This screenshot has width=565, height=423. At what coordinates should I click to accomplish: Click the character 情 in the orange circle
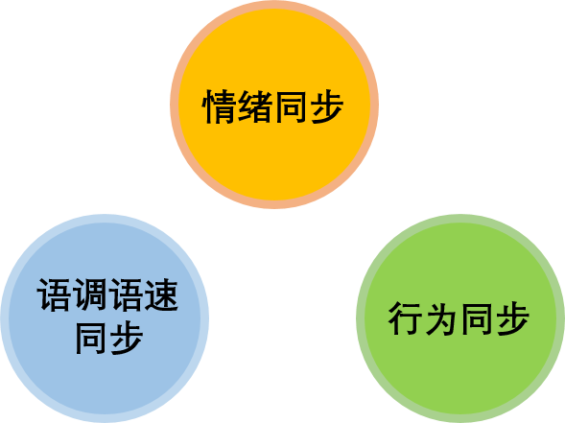(220, 106)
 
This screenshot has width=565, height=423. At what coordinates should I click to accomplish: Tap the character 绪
(255, 106)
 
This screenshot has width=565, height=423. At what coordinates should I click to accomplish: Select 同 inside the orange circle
(291, 106)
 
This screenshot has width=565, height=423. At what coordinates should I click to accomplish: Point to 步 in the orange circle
(326, 106)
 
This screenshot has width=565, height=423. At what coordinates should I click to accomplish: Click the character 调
(90, 294)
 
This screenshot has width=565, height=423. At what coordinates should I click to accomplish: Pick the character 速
(161, 294)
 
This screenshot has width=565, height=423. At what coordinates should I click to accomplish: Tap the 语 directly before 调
(54, 294)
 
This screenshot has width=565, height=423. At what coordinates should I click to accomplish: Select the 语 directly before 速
(126, 294)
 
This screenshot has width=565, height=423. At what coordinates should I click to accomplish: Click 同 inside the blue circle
(90, 338)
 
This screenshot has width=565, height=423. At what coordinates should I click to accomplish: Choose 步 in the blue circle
(126, 338)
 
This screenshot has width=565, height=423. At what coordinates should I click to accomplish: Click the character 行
(406, 318)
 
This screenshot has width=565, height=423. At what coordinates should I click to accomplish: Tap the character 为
(440, 318)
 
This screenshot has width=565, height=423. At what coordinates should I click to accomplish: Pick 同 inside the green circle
(477, 318)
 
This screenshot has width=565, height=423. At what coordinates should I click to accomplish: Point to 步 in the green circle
(512, 318)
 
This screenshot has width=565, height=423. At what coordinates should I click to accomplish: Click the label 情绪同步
(272, 106)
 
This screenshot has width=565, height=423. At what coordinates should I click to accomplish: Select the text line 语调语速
(107, 295)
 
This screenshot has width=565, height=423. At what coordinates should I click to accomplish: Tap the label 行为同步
(459, 318)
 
